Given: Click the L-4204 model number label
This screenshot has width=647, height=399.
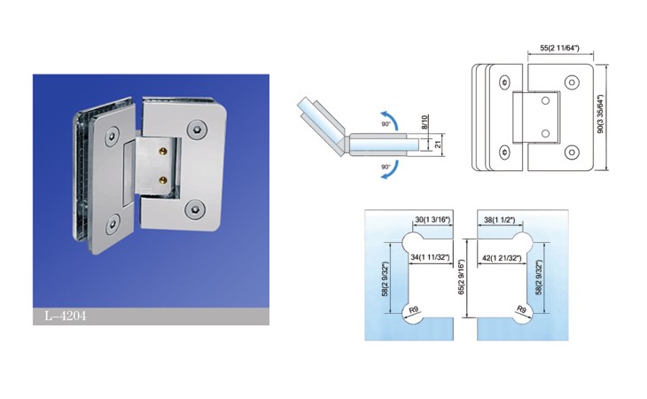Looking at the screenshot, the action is point(66,316).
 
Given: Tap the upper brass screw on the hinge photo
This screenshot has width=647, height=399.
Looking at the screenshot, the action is point(163,151).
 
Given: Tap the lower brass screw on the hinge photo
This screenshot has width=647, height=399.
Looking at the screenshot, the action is point(163,179).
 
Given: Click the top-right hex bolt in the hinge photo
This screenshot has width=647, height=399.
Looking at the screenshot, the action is point(197,129).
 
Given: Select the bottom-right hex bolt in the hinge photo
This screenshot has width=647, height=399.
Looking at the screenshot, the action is point(194,210).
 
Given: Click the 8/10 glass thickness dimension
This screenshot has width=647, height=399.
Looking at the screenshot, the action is point(425,122).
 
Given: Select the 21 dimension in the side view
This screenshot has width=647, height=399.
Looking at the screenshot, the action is point(438,145).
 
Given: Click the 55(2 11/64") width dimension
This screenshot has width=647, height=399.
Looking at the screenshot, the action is point(559,48).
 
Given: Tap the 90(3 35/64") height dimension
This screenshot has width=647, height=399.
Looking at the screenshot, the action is point(600,113).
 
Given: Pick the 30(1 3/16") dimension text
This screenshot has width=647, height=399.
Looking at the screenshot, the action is point(433,220).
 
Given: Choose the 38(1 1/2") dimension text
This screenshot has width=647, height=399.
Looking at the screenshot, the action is point(499,220).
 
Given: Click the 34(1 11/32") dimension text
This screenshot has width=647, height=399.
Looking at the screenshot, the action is point(430,257).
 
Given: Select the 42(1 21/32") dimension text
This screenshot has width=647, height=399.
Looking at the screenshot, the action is point(502,258).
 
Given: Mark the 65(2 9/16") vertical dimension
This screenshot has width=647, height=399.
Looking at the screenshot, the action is point(461,277).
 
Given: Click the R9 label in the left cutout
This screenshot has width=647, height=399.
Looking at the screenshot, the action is point(413,309).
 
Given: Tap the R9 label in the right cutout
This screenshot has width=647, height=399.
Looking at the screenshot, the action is point(521,309).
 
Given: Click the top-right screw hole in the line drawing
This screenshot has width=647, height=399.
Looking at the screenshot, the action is point(572,82).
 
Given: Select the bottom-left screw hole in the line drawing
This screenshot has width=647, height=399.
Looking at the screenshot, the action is point(504,153).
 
